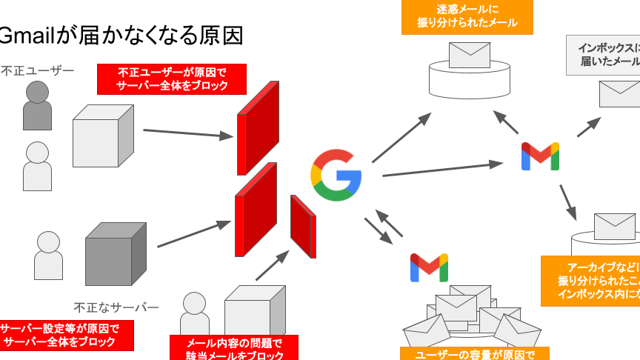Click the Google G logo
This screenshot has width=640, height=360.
tap(336, 175)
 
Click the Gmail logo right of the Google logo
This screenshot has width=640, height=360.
tap(540, 156)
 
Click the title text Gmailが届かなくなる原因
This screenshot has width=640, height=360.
tap(122, 35)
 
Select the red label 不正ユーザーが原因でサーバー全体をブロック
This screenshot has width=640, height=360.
tap(172, 79)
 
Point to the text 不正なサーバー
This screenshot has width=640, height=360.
tap(116, 307)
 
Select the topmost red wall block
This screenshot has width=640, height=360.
tap(258, 126)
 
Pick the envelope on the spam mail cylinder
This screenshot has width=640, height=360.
tap(470, 55)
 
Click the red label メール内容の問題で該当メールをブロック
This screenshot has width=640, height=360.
tap(234, 347)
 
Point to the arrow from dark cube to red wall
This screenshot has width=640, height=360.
tap(195, 234)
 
